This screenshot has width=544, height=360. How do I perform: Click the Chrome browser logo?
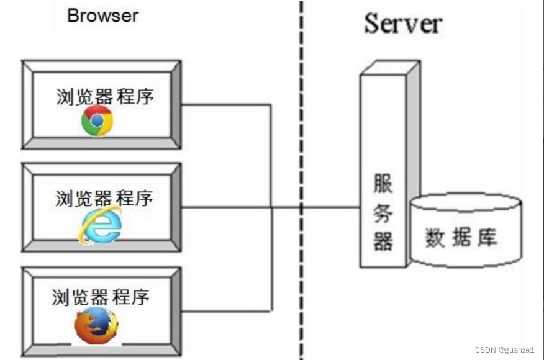(x=97, y=120)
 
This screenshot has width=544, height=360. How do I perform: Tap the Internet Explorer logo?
(x=99, y=226)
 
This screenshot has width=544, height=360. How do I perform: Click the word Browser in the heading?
(x=102, y=15)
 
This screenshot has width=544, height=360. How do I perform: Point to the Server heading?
(x=403, y=24)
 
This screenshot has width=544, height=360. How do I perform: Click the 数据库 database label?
(x=461, y=238)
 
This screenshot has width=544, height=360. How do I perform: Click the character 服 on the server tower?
(x=383, y=184)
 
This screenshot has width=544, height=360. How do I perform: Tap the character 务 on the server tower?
(x=383, y=212)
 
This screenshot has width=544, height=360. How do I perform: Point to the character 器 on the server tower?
(x=383, y=240)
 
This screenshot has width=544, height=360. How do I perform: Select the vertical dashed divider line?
(x=302, y=124)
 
